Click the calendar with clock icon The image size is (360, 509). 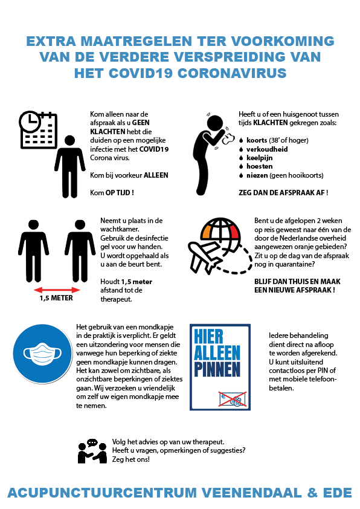point(38,130)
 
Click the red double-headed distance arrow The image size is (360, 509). point(57,290)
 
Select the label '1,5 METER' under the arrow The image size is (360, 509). point(56,298)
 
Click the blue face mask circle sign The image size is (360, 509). point(42,354)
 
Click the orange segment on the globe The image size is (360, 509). point(206,232)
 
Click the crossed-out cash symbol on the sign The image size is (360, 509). point(233,399)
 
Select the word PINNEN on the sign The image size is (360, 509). point(217,369)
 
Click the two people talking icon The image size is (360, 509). point(92,451)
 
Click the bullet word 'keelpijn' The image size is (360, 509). point(260,158)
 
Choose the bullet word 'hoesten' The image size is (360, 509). point(260,166)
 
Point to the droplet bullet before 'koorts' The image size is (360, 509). point(241,140)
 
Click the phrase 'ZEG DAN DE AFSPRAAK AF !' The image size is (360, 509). point(283,192)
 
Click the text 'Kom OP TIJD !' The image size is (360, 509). point(112,192)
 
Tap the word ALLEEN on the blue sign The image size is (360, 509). point(217,353)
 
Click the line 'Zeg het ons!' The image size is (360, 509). point(131,459)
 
